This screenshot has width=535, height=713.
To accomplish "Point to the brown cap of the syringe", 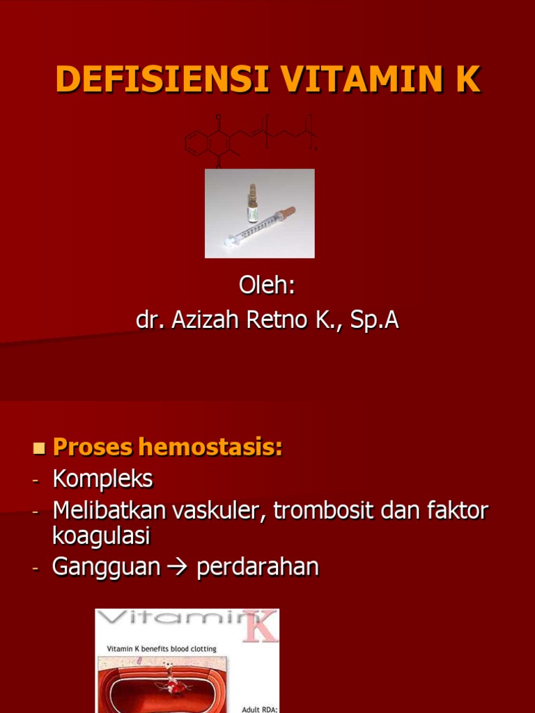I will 288,211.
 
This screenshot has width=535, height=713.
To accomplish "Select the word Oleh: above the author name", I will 267,286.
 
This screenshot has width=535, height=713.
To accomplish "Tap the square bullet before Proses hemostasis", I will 39,447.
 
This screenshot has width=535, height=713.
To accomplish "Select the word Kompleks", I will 102,479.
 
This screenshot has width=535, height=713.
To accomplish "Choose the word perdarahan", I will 258,567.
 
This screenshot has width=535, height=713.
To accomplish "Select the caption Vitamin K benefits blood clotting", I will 162,649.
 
